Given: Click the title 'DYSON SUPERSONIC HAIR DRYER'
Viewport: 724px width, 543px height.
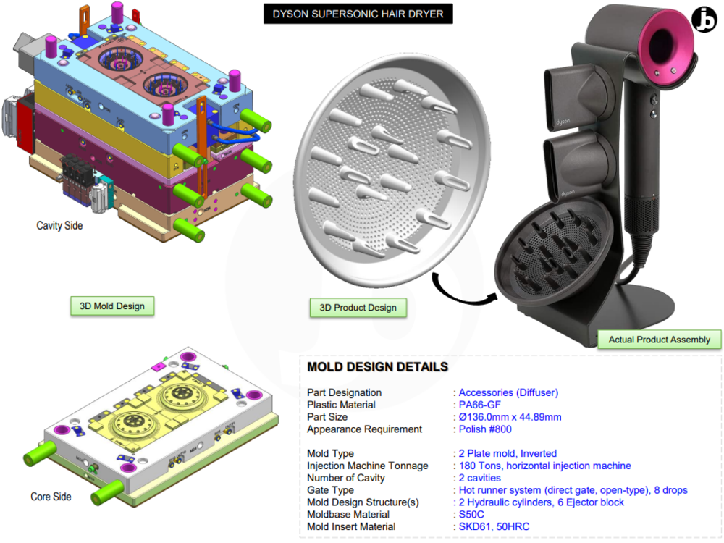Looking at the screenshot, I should [x=358, y=14].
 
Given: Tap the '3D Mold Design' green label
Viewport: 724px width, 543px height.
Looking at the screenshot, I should [x=111, y=306].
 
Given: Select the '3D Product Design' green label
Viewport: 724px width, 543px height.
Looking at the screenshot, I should [x=358, y=308].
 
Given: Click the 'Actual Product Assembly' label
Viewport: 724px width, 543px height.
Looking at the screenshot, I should [x=659, y=340].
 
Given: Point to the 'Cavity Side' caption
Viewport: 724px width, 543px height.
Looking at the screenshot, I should [x=59, y=226].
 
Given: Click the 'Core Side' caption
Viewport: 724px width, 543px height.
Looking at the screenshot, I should [x=51, y=497].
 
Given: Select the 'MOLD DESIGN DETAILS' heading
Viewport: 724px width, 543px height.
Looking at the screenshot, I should [x=377, y=367].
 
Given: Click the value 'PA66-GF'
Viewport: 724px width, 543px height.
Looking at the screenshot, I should [x=479, y=405].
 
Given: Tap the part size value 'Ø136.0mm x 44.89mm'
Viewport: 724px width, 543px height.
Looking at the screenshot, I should [x=510, y=417].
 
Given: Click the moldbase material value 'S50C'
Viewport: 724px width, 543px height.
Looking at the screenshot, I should [x=472, y=515].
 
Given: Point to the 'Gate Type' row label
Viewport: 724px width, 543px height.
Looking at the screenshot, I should [x=331, y=490].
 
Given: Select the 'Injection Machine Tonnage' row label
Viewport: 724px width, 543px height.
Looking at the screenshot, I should [x=368, y=466].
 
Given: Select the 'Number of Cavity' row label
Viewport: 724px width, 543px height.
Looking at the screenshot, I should [x=346, y=478].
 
